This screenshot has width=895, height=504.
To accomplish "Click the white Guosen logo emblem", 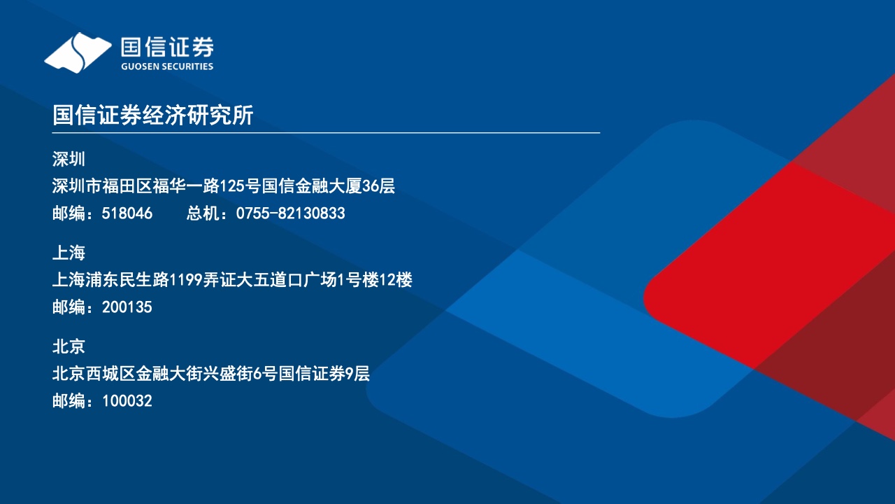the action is (x=78, y=52).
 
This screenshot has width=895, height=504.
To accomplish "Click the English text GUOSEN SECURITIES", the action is (x=167, y=66).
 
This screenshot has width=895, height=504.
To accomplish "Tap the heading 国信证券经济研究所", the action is (x=152, y=115).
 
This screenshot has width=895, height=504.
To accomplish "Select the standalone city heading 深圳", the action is (x=69, y=159).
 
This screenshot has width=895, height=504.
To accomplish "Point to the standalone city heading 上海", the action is (x=69, y=253).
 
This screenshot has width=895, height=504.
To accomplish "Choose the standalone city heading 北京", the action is (x=69, y=346).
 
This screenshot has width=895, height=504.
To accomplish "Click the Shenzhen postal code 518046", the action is (x=127, y=213).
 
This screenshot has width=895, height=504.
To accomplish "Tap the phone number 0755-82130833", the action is (x=290, y=213).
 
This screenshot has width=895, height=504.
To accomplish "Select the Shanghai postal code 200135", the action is (x=127, y=307).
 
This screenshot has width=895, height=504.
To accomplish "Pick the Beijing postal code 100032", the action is (x=127, y=401).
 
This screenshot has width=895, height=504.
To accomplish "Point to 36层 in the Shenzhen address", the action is (x=378, y=186).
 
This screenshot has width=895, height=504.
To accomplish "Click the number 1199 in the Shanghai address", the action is (x=186, y=280).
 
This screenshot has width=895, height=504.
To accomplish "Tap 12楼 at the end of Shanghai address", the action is (x=396, y=280).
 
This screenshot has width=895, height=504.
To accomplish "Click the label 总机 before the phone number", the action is (x=203, y=213).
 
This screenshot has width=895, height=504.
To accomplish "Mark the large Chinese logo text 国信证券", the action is (x=167, y=47).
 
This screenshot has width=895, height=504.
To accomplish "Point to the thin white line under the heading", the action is (x=326, y=132).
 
